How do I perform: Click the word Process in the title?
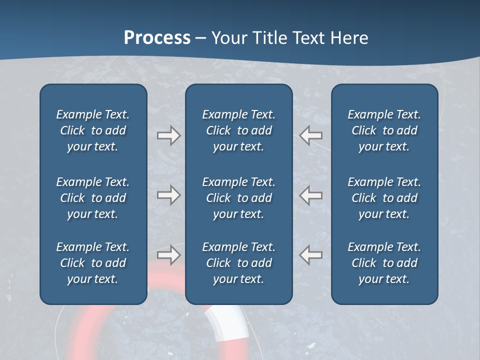click(x=157, y=38)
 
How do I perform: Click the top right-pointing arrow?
click(x=168, y=135)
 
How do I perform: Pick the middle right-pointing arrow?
click(x=168, y=195)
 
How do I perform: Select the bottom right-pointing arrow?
click(x=168, y=254)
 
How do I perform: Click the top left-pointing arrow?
click(x=311, y=135)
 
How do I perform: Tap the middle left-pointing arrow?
click(x=311, y=195)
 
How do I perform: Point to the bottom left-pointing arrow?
click(x=311, y=254)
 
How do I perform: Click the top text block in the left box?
click(x=93, y=130)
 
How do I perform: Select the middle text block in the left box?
click(x=93, y=198)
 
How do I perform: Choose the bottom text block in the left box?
click(x=93, y=263)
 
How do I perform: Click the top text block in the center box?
click(x=239, y=130)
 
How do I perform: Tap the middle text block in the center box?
click(x=239, y=198)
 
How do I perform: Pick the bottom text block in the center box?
click(x=239, y=263)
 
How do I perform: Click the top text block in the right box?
click(x=384, y=130)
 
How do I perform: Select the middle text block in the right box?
click(x=384, y=198)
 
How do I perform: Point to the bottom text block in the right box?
click(x=384, y=263)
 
